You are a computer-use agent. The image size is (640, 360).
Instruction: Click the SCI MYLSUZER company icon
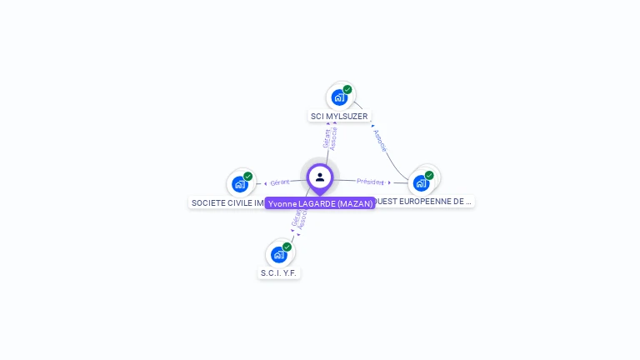(x=339, y=97)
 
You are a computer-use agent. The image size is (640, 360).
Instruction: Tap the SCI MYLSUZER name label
(x=339, y=117)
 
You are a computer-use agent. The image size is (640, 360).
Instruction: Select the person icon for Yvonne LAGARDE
(x=320, y=177)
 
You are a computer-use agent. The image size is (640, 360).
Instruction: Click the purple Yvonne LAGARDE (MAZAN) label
(x=320, y=203)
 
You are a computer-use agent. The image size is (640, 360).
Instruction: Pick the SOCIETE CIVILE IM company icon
(x=240, y=183)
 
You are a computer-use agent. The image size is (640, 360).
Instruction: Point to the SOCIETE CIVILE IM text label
(x=227, y=202)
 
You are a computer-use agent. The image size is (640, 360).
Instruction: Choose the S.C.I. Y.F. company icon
(x=279, y=253)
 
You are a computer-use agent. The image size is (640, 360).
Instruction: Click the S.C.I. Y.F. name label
(x=278, y=272)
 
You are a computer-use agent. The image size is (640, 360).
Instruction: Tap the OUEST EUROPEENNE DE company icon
(x=422, y=182)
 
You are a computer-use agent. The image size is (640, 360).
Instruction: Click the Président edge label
(x=371, y=182)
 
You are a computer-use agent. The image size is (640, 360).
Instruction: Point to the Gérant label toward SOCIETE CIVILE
(x=280, y=182)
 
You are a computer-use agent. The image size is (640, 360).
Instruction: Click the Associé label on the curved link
(x=380, y=140)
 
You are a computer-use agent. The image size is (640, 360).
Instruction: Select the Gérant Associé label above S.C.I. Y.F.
(x=299, y=217)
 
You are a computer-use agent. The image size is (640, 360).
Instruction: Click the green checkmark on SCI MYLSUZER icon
(x=347, y=90)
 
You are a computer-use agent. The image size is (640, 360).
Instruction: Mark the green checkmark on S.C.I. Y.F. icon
(x=287, y=247)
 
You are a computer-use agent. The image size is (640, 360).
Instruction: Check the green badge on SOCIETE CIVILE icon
(x=247, y=177)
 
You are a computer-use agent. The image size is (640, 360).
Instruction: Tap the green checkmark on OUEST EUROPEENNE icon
(x=429, y=175)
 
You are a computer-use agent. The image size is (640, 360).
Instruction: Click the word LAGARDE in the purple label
(x=313, y=203)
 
